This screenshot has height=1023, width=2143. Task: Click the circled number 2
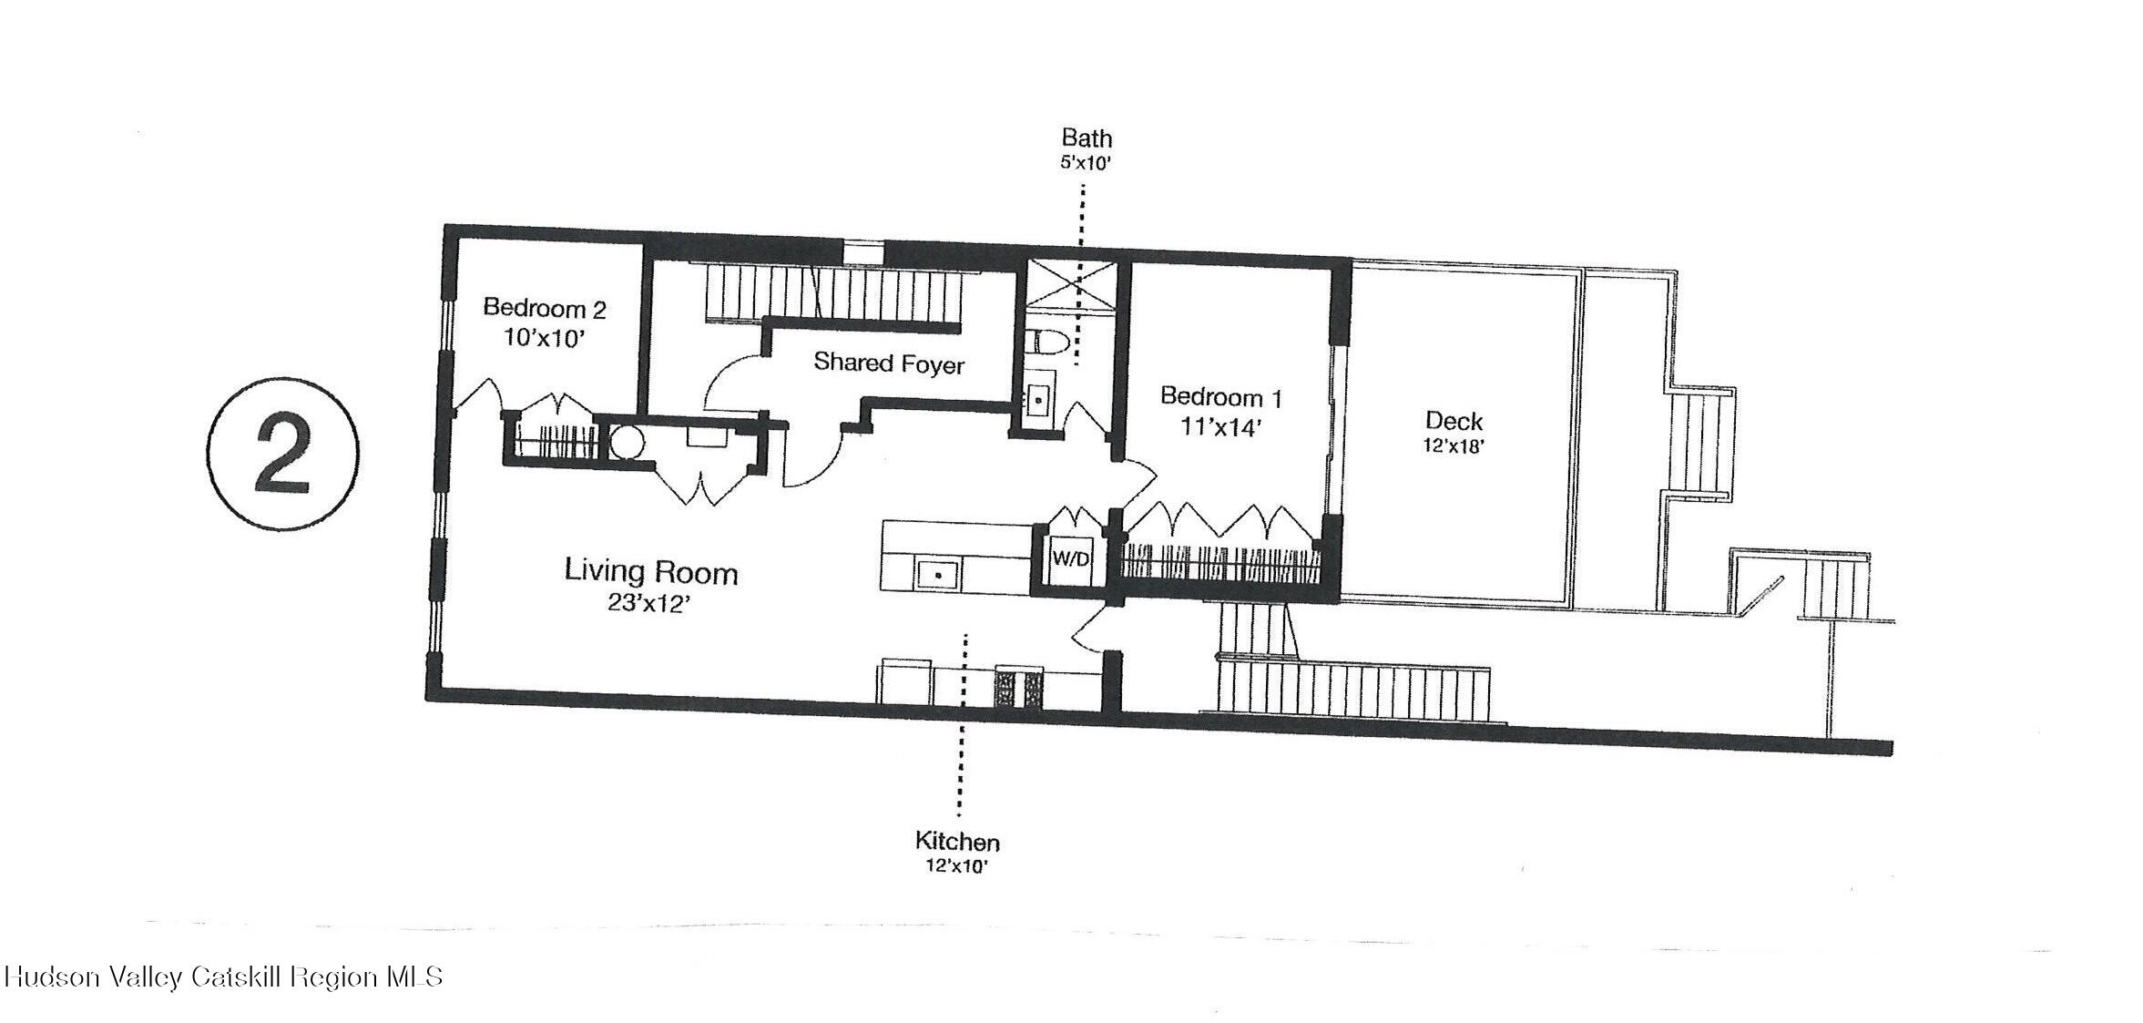coord(283,453)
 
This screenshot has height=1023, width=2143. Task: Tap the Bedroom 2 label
coord(544,308)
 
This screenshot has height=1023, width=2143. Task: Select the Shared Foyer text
coord(888,363)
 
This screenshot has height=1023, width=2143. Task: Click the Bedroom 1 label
coord(1220,397)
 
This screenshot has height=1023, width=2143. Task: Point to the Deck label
coord(1454,421)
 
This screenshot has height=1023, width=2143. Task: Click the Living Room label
coord(650,572)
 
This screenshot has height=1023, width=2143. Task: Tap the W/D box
coord(1070,558)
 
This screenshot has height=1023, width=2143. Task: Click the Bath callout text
coord(1087,138)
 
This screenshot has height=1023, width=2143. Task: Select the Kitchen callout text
coord(956,842)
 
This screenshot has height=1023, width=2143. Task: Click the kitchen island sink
coord(936,574)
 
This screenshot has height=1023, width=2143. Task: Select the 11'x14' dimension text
coord(1220,426)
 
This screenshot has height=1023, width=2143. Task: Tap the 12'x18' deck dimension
coord(1454,446)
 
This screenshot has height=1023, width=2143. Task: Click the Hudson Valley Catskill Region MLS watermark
coord(223,977)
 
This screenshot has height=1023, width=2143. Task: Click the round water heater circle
coord(626,444)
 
